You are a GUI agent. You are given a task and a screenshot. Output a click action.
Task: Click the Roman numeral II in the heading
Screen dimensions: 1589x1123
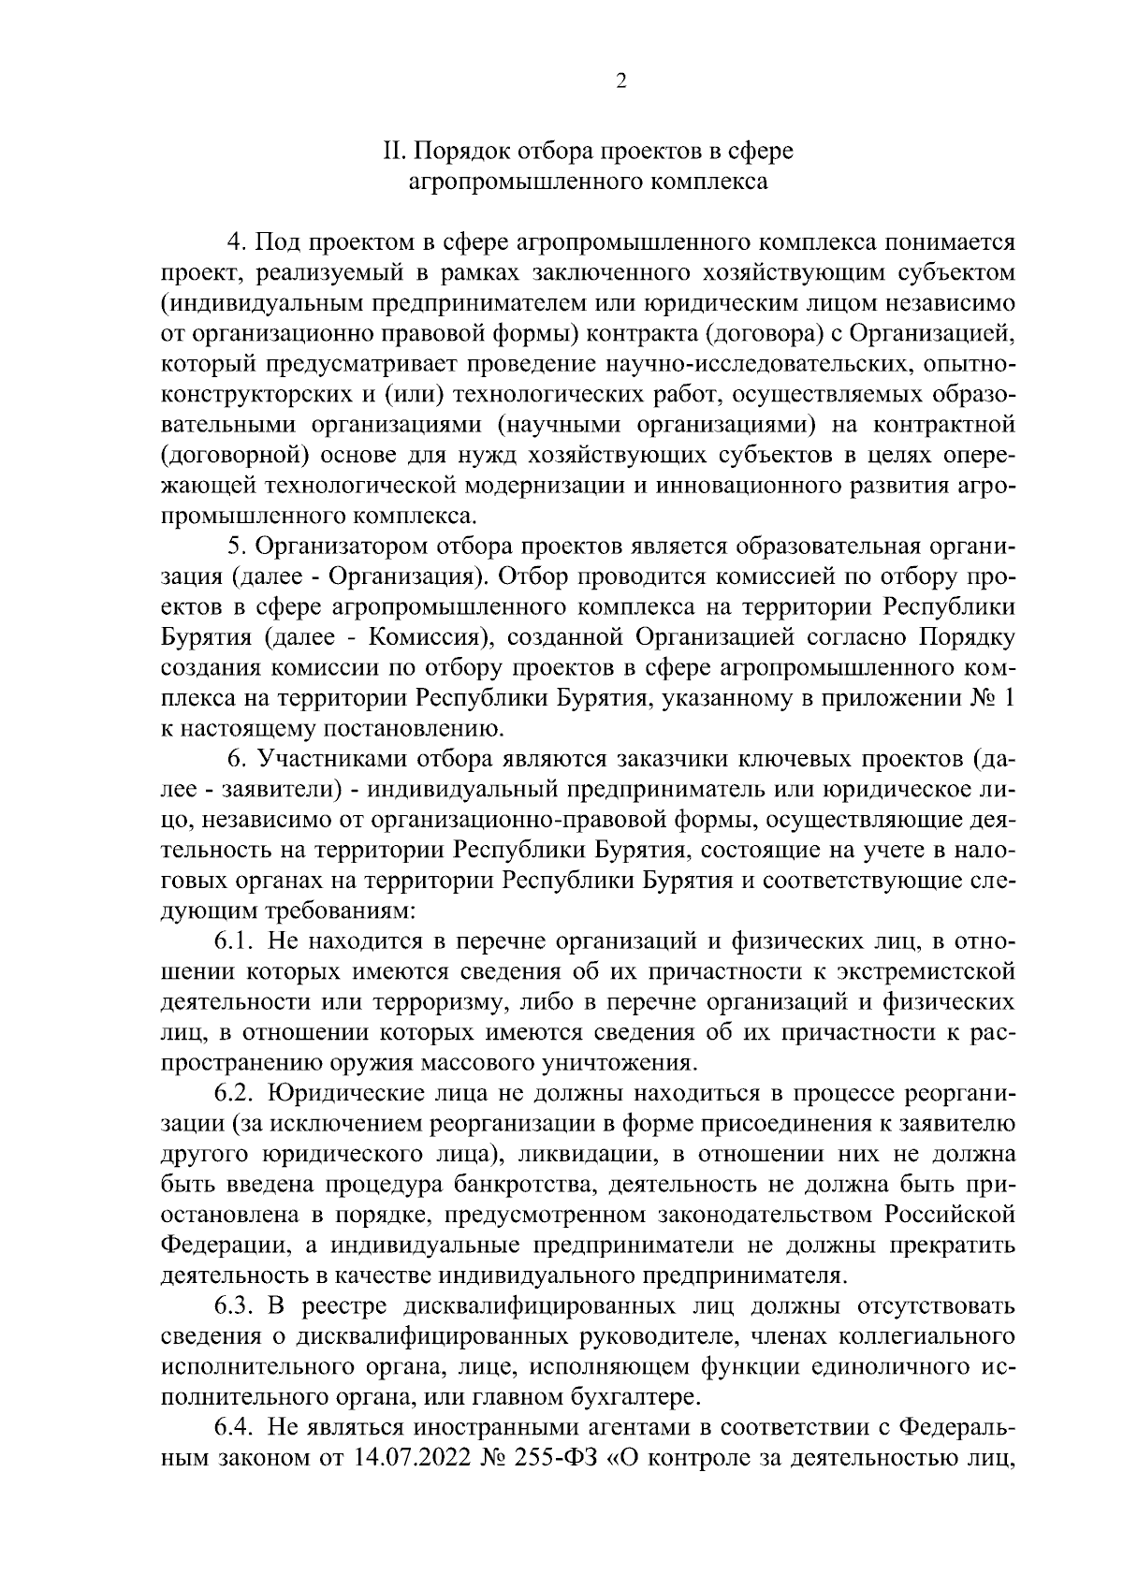coord(394,151)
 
